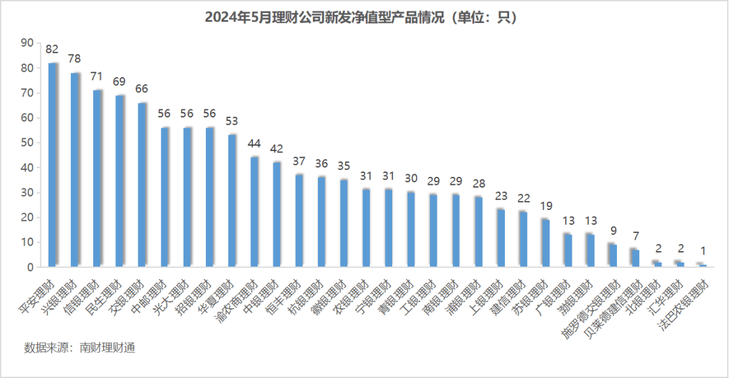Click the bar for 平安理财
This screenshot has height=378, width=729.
[52, 165]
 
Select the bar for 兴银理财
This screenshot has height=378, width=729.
[75, 170]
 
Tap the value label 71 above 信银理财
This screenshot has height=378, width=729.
[97, 77]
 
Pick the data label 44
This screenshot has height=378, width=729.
[254, 144]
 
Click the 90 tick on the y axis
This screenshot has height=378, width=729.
[28, 43]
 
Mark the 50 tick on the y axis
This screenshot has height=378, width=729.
[28, 143]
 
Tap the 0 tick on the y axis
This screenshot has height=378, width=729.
[30, 267]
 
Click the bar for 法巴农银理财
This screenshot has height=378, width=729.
[703, 265]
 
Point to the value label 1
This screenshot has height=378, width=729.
[703, 251]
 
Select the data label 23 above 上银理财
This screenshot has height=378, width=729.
[501, 196]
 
